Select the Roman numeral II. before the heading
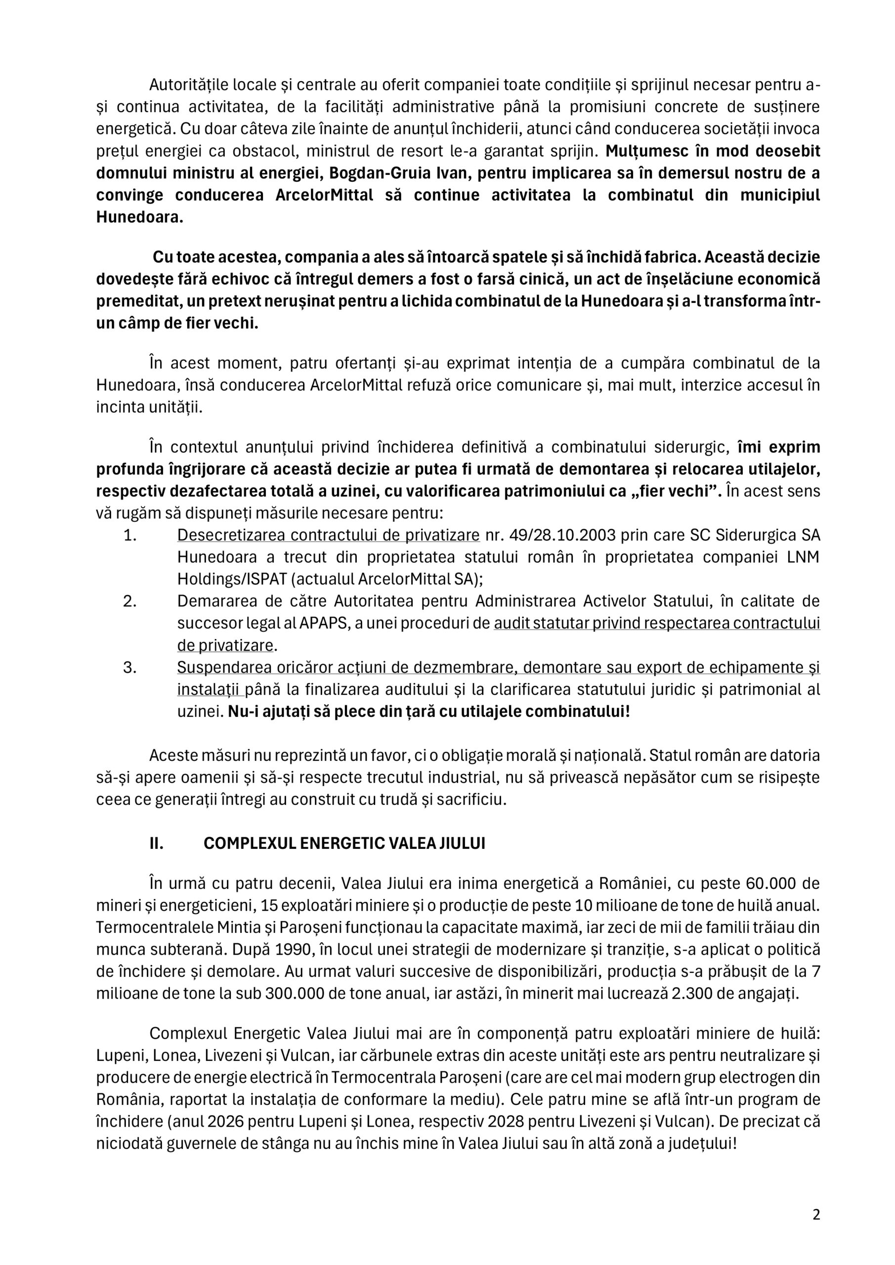(157, 844)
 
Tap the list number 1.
(129, 535)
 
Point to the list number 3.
(129, 667)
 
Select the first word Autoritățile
(188, 85)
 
